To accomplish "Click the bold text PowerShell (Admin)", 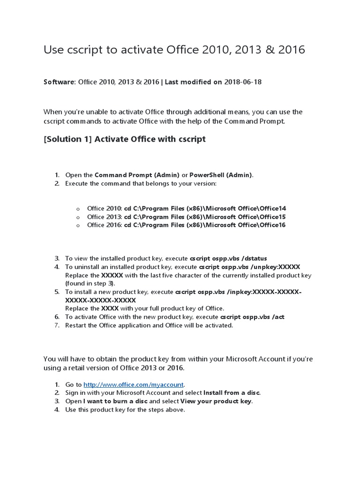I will point(221,175).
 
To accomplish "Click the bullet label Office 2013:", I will point(104,217).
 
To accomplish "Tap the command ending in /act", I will point(253,317).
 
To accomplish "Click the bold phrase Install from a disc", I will point(232,392).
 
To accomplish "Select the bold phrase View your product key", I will point(216,401).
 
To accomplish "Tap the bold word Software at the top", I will point(59,82).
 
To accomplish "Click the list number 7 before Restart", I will point(56,325).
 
